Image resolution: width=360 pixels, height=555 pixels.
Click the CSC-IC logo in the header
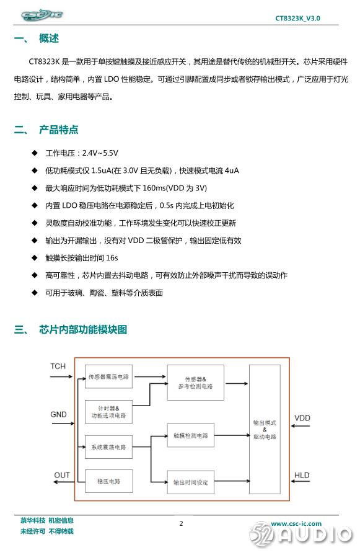[x=42, y=15]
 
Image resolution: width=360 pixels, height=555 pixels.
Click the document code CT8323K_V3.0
[x=297, y=19]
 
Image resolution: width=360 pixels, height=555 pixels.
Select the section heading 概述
[x=49, y=38]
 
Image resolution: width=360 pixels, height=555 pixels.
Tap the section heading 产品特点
[x=58, y=130]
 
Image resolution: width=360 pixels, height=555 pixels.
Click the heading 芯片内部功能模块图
[x=83, y=329]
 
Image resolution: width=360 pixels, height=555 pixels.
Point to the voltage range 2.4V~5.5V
[x=100, y=153]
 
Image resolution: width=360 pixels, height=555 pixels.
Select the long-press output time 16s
[x=112, y=258]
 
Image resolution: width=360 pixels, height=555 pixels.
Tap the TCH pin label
[x=58, y=366]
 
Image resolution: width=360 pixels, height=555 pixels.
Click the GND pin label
[x=58, y=414]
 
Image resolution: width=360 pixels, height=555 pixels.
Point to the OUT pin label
[x=62, y=475]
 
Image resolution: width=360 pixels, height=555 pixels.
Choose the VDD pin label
[x=302, y=418]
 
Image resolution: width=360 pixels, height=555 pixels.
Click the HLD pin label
[x=302, y=475]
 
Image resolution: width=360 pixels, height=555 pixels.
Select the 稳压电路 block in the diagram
[x=109, y=481]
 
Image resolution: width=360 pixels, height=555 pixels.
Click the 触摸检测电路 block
[x=191, y=435]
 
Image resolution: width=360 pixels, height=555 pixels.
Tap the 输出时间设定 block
[x=191, y=482]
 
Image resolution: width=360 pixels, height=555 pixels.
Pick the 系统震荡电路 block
[x=108, y=447]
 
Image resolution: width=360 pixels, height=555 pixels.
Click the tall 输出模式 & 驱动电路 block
[x=265, y=429]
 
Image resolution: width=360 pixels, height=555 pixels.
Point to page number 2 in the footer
[x=182, y=523]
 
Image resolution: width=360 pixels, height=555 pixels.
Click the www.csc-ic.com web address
[x=296, y=523]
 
